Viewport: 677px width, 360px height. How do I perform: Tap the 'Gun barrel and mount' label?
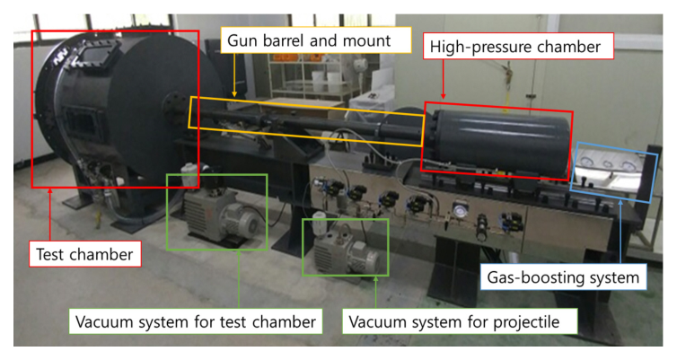tap(308, 40)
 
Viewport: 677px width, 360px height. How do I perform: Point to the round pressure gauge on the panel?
tap(461, 212)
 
